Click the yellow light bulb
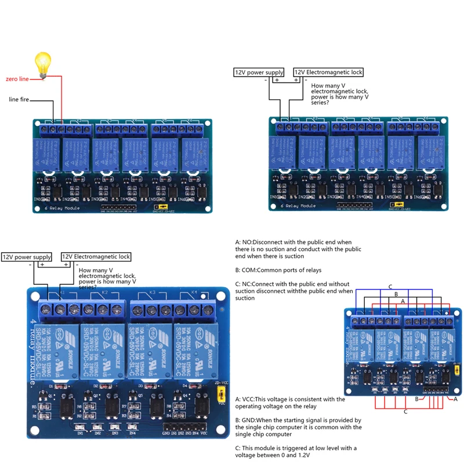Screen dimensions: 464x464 click(x=43, y=63)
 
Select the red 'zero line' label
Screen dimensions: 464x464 click(x=17, y=78)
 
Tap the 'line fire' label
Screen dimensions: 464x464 click(x=19, y=99)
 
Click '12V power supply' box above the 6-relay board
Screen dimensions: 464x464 click(x=259, y=72)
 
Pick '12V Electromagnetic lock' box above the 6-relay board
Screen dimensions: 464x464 click(x=328, y=72)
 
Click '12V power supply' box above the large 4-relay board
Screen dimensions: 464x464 click(x=27, y=257)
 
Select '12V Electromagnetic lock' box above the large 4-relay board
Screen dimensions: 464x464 click(x=96, y=257)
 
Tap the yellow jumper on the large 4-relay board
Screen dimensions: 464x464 click(x=221, y=394)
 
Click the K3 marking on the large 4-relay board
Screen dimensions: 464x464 click(x=153, y=293)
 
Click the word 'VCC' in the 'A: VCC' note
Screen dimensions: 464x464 click(x=248, y=399)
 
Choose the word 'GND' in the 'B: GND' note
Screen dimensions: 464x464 click(x=248, y=420)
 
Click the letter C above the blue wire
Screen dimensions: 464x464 click(x=390, y=287)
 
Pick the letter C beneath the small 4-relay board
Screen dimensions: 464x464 click(x=405, y=412)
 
